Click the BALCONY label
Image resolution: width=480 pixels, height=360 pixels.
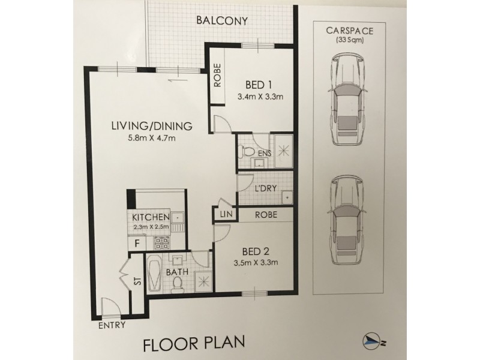pyautogui.click(x=222, y=21)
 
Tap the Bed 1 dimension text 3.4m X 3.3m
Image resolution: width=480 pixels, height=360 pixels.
pyautogui.click(x=260, y=97)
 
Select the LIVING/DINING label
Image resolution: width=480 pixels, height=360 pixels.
pyautogui.click(x=152, y=126)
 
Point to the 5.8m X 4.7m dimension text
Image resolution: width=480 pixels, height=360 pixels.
pyautogui.click(x=152, y=138)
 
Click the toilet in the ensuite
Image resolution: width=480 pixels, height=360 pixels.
pyautogui.click(x=245, y=151)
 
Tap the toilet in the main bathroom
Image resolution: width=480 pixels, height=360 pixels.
pyautogui.click(x=176, y=283)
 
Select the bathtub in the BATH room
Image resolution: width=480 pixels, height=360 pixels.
pyautogui.click(x=154, y=274)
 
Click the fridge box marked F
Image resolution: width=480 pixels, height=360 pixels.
pyautogui.click(x=137, y=244)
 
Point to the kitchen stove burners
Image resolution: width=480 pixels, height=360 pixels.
pyautogui.click(x=161, y=244)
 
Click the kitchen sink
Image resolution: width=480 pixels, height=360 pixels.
pyautogui.click(x=178, y=218)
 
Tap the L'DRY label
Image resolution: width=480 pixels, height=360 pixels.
pyautogui.click(x=265, y=188)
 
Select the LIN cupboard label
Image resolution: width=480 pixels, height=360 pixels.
pyautogui.click(x=227, y=214)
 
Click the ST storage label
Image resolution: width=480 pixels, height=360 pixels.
pyautogui.click(x=138, y=281)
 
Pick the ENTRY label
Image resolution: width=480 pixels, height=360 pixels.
pyautogui.click(x=112, y=325)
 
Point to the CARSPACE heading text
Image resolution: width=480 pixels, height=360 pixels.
pyautogui.click(x=350, y=31)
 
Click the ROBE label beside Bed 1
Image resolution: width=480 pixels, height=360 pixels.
pyautogui.click(x=217, y=76)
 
